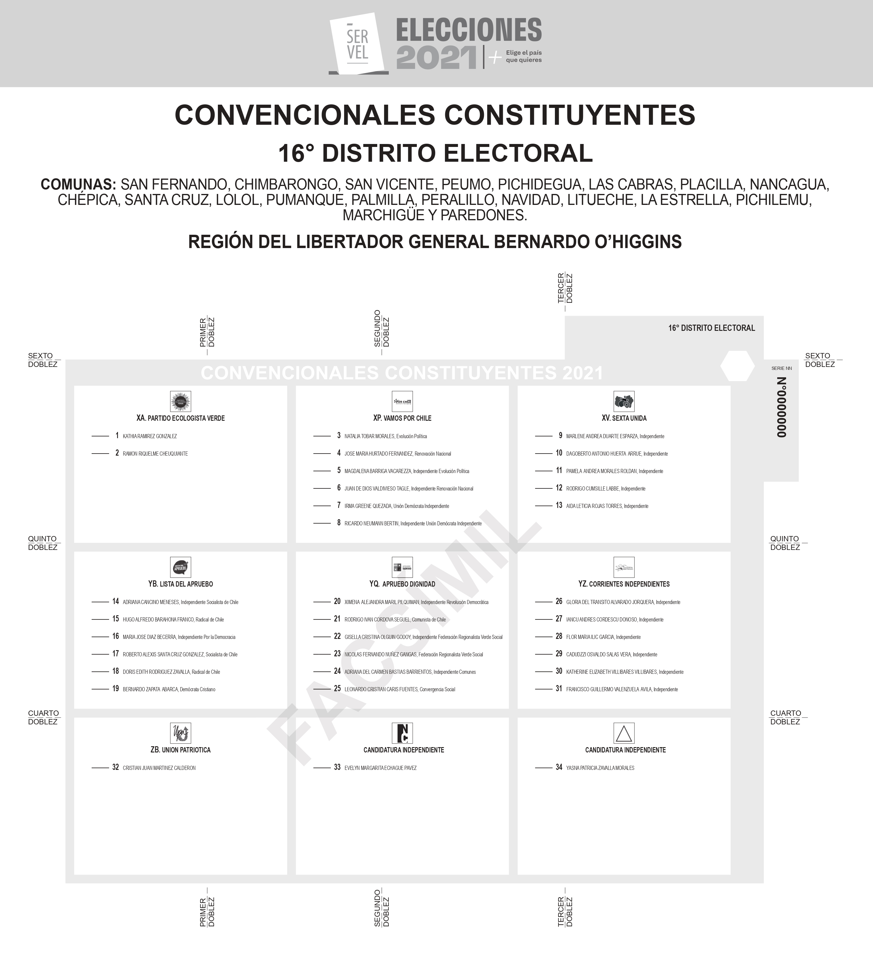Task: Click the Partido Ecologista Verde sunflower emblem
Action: [181, 402]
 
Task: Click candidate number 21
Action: [337, 619]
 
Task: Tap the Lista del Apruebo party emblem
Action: [181, 567]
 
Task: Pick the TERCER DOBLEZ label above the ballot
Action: [565, 288]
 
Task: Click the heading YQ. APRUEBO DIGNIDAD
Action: [402, 584]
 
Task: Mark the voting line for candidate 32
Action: [100, 768]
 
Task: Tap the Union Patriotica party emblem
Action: [181, 733]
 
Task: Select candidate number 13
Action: [559, 505]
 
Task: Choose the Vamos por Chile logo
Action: [402, 402]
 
